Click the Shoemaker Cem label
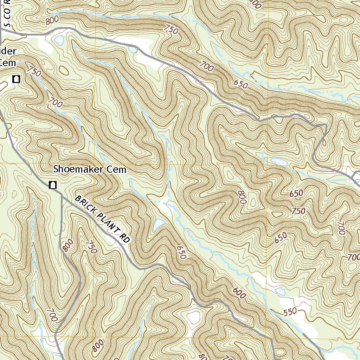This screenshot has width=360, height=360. [90, 169]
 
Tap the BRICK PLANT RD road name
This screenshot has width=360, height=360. [102, 219]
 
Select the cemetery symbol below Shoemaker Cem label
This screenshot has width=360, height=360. [53, 185]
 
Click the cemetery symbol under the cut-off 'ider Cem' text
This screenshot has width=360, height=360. [15, 79]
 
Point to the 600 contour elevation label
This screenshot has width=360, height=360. [239, 293]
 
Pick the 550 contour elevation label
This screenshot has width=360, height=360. [290, 311]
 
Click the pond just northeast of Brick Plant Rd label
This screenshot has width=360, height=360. [159, 224]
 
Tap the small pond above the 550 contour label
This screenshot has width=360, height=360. [280, 291]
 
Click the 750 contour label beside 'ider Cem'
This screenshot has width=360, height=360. [33, 72]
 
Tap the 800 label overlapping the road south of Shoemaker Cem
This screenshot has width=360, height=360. [67, 245]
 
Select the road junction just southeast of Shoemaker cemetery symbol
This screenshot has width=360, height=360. [62, 194]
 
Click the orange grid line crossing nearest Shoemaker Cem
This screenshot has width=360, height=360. [95, 164]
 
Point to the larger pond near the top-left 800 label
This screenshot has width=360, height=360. [59, 40]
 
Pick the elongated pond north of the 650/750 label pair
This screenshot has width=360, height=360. [278, 162]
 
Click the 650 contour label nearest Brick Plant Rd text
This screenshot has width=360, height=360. [181, 252]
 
